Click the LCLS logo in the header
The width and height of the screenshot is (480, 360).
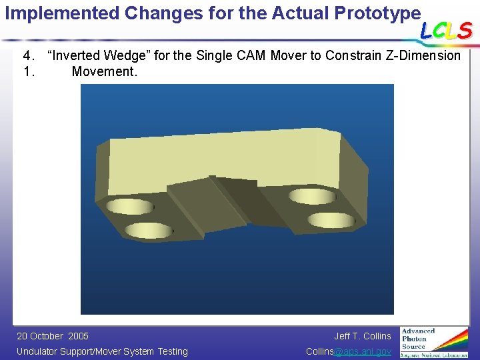point(446,31)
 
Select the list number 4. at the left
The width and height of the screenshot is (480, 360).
point(29,56)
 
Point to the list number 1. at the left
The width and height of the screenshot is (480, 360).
point(29,71)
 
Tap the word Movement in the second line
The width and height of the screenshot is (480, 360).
point(104,71)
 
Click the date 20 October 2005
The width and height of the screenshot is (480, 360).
point(53,336)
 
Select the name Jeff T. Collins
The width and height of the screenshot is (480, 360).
point(362,336)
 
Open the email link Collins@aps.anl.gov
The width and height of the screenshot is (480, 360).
point(348,351)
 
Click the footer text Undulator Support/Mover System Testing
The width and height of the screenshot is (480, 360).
point(102,351)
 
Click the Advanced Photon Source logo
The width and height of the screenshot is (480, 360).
point(433,341)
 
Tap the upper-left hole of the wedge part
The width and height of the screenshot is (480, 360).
point(130,206)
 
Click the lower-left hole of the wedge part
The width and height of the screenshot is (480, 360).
point(149,231)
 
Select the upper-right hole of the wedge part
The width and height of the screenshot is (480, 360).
point(311,195)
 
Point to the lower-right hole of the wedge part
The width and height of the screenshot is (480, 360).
point(331,219)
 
